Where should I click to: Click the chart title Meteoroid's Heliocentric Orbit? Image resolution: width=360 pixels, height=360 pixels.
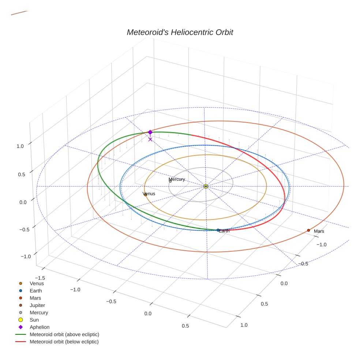(180, 32)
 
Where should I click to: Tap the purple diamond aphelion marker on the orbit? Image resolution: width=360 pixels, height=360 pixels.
(150, 132)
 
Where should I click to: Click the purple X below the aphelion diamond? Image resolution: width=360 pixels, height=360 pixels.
(150, 139)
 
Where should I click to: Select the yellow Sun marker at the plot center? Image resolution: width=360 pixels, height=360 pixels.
(206, 186)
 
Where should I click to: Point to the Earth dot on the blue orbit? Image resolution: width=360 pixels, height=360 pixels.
(218, 230)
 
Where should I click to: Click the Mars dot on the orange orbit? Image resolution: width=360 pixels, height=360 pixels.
(308, 230)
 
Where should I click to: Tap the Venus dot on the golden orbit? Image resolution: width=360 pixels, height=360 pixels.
(145, 195)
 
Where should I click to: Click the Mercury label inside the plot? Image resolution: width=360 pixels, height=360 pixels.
(177, 179)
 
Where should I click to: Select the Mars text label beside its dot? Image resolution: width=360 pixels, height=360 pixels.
(319, 231)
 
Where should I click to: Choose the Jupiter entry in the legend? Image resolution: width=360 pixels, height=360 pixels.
(37, 305)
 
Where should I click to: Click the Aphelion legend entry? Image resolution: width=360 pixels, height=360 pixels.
(40, 327)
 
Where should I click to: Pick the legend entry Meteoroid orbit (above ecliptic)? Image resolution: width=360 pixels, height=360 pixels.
(64, 334)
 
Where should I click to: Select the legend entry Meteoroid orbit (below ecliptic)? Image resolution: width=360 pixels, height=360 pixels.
(64, 342)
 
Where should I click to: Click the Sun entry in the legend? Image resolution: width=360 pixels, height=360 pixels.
(34, 320)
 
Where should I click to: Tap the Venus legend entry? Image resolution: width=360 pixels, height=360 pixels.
(37, 283)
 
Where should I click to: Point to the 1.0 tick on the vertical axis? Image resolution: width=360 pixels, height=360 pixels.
(20, 146)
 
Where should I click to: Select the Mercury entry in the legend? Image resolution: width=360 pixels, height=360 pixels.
(39, 312)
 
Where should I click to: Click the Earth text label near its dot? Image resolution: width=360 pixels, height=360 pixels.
(224, 231)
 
